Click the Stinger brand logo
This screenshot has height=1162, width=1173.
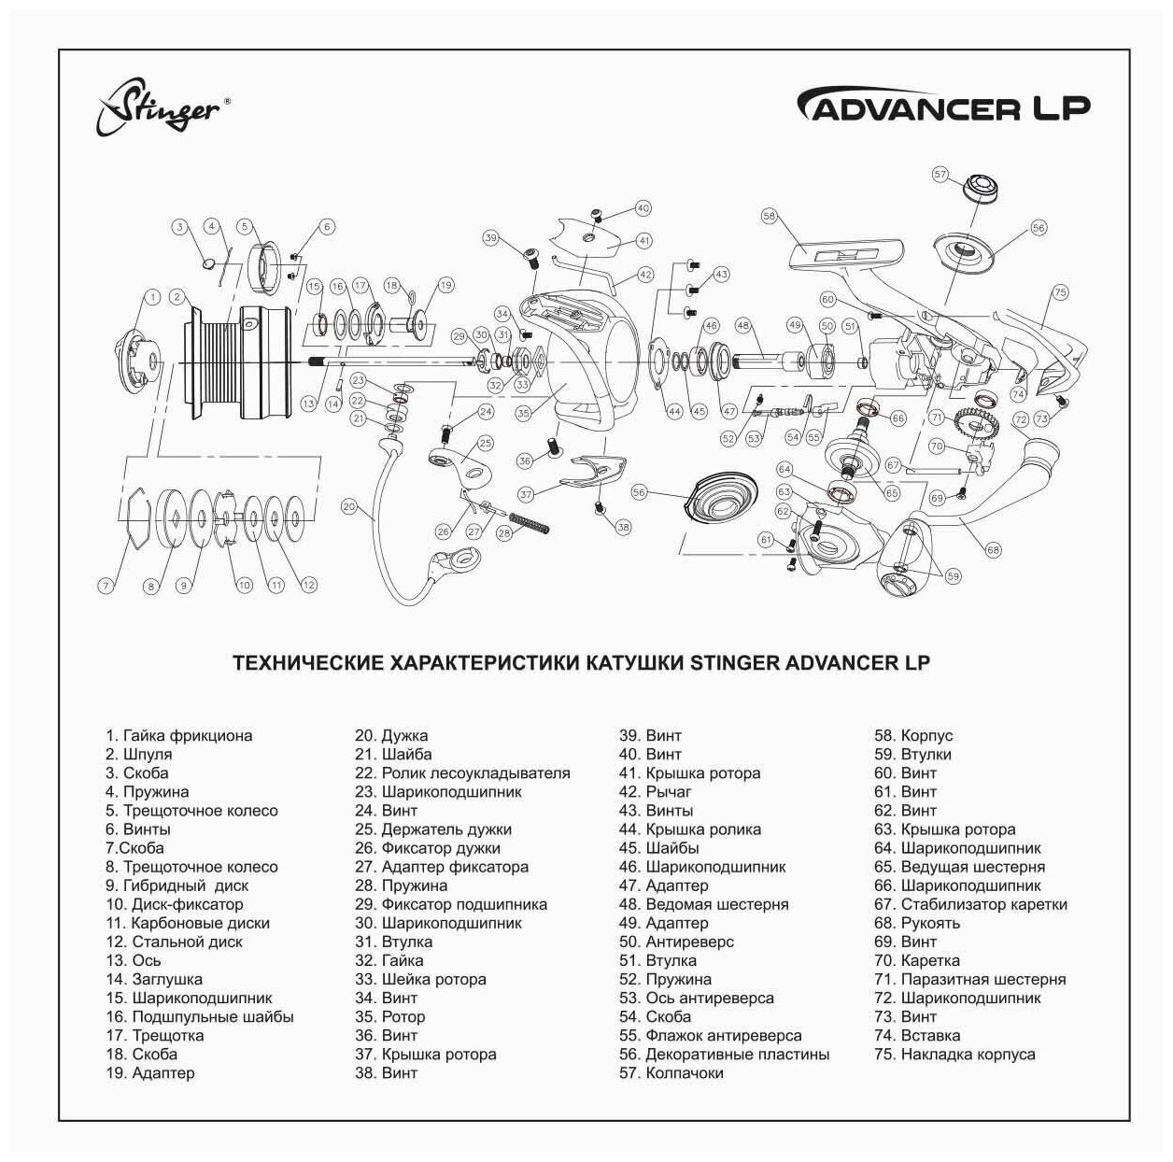tap(159, 107)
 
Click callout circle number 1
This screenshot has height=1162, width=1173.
tap(150, 297)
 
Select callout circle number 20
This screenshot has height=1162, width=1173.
tap(348, 507)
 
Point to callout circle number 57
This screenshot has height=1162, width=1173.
tap(940, 174)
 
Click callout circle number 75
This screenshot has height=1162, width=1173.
tap(1059, 292)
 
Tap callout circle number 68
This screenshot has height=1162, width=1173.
tap(993, 549)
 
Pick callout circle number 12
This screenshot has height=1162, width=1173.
tap(308, 585)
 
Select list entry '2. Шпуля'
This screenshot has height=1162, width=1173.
tap(138, 754)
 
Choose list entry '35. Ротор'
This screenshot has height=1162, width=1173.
tap(389, 1016)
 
